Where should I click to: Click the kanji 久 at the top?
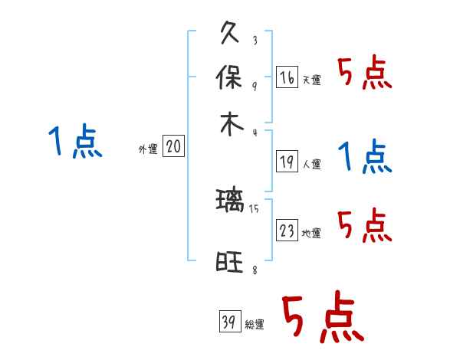click(x=231, y=34)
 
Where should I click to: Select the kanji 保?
click(x=231, y=78)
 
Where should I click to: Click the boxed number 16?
click(x=287, y=77)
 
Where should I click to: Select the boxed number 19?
click(x=287, y=161)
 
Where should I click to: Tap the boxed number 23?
click(x=287, y=231)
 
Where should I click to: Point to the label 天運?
click(x=311, y=80)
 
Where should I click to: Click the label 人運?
click(x=311, y=163)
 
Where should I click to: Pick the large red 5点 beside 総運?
click(x=322, y=319)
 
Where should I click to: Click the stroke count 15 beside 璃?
click(x=254, y=208)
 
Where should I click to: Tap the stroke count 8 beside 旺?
click(x=254, y=270)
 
